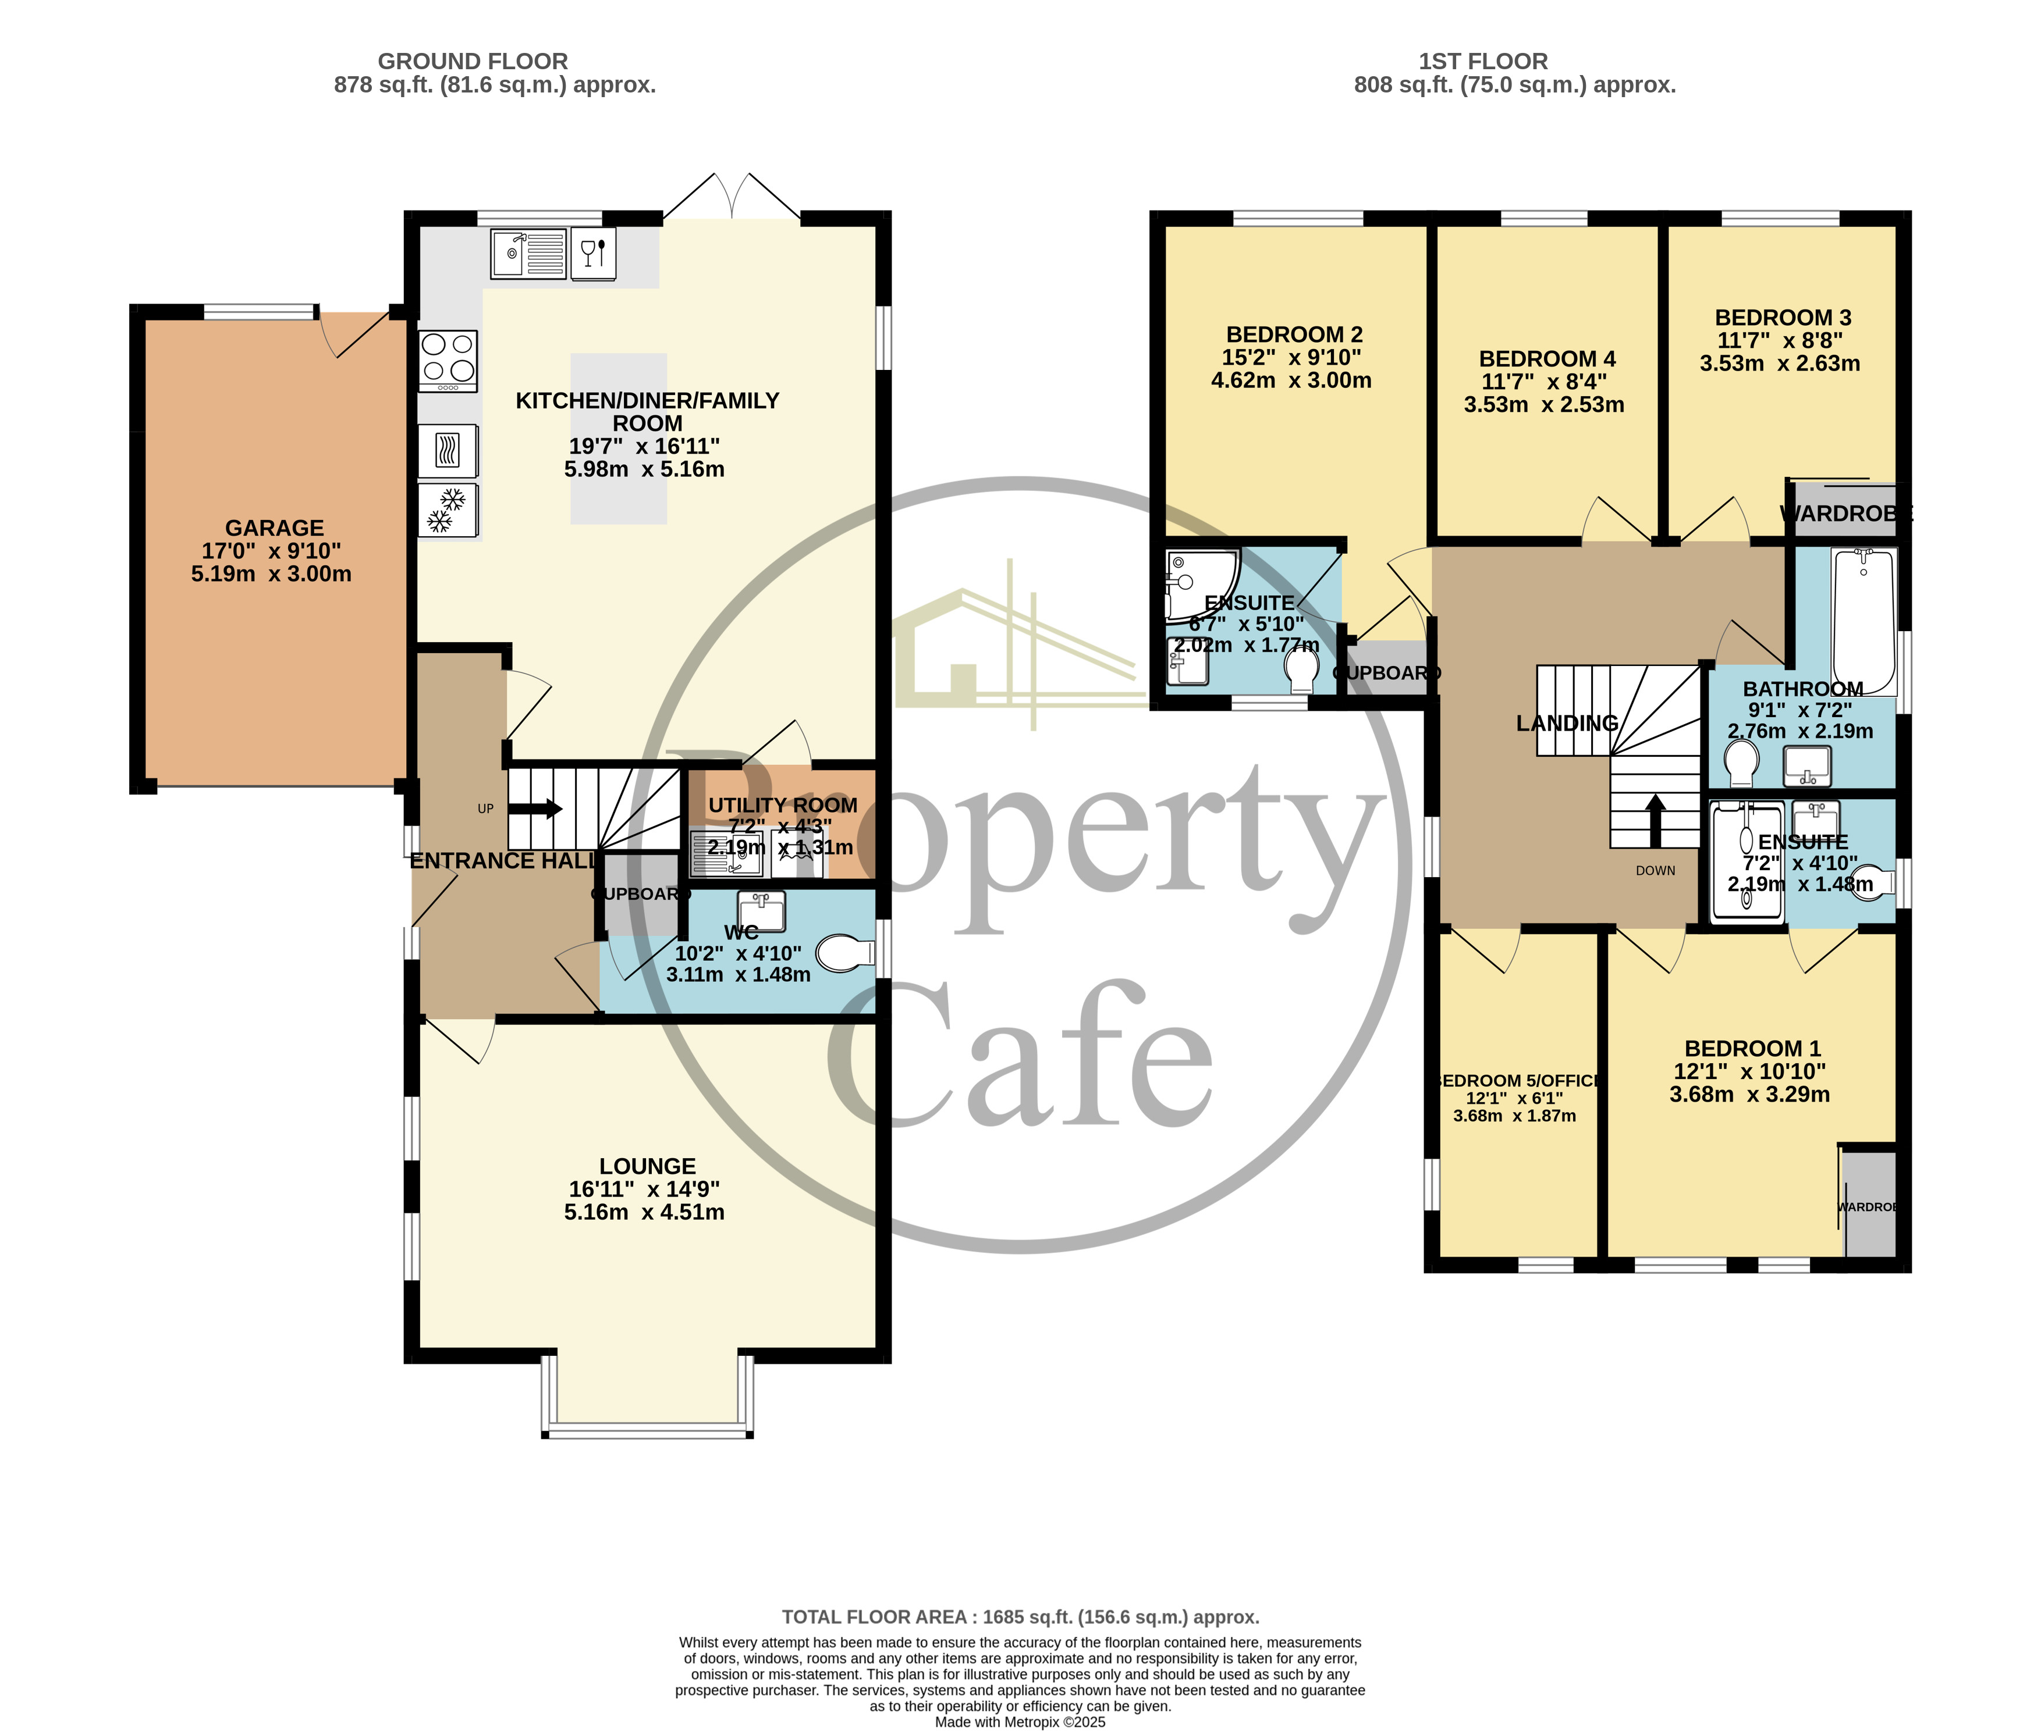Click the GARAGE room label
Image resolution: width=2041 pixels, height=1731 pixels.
coord(274,528)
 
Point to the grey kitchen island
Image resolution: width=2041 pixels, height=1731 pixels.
coord(619,439)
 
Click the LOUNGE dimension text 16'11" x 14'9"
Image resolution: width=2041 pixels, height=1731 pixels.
coord(644,1189)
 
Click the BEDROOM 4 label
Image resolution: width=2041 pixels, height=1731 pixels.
coord(1547,359)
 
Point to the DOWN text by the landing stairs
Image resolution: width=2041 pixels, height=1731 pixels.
coord(1655,870)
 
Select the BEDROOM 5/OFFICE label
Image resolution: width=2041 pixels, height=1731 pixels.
coord(1518,1080)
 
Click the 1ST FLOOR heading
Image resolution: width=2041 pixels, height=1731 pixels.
coord(1482,61)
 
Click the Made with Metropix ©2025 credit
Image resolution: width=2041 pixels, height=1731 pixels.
coord(1020,1721)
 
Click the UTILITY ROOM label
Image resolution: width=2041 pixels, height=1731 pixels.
coord(782,804)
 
